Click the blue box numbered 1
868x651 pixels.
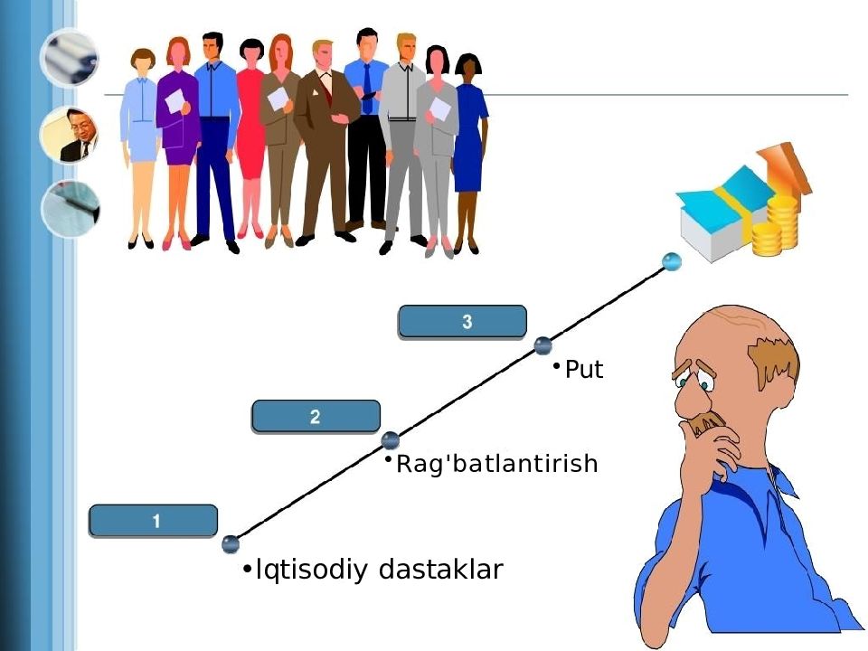click(x=154, y=521)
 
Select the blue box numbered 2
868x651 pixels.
click(x=316, y=417)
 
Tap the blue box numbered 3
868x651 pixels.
click(x=463, y=321)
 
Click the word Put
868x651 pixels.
click(x=583, y=370)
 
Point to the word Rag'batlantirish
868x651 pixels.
click(x=497, y=464)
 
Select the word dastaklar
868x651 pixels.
click(x=440, y=570)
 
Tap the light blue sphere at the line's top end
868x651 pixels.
click(x=671, y=261)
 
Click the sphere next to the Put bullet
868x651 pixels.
click(x=542, y=344)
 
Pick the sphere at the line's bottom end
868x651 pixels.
click(x=231, y=544)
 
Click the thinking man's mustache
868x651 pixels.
click(x=707, y=422)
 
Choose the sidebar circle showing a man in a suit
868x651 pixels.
click(x=70, y=136)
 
